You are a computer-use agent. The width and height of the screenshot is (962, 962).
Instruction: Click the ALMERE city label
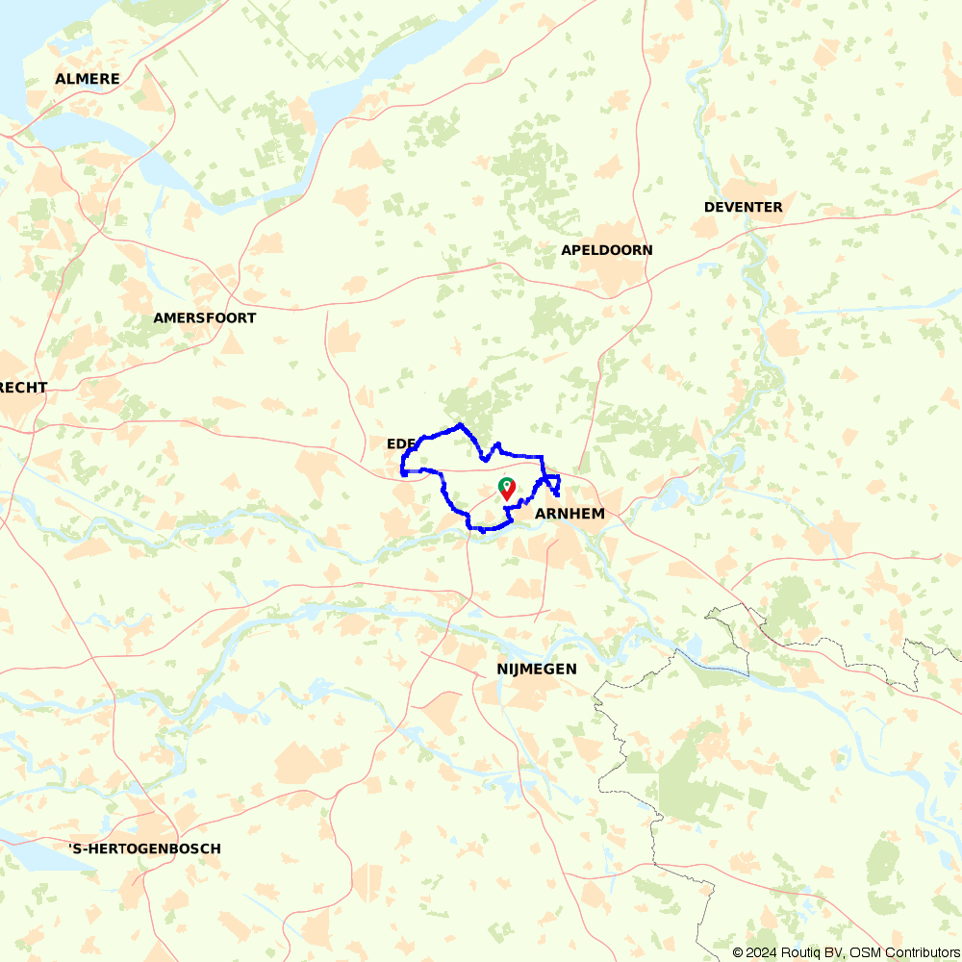(88, 79)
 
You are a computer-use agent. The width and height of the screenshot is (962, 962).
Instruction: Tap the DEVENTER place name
(743, 207)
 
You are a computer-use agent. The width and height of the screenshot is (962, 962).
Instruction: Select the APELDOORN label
(607, 250)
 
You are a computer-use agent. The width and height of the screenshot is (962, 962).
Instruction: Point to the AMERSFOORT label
(205, 317)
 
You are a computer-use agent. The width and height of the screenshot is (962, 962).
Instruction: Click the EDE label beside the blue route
(399, 443)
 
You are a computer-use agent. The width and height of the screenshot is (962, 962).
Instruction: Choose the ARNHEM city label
(570, 514)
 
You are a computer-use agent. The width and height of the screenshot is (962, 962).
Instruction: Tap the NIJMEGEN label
(537, 669)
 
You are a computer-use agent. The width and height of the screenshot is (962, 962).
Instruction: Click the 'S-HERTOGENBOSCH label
(144, 848)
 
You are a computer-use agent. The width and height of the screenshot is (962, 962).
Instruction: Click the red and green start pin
(507, 489)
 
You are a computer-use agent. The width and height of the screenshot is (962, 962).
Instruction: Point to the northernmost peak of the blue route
(462, 424)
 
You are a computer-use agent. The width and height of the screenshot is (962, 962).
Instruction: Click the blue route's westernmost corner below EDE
(402, 472)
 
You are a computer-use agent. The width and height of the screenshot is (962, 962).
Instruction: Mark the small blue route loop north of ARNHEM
(552, 484)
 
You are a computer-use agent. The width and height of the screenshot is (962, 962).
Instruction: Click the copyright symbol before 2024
(738, 952)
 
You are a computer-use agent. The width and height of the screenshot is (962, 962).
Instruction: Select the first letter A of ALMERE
(61, 79)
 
